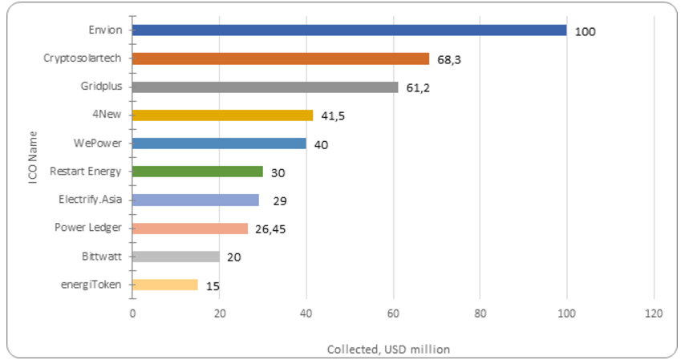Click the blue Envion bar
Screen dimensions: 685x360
click(x=350, y=30)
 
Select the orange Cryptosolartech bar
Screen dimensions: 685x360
click(x=281, y=59)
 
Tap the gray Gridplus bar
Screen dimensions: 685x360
click(x=265, y=87)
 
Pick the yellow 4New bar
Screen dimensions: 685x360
click(x=223, y=115)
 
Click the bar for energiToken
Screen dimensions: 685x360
click(x=165, y=285)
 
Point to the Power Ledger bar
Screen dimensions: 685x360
click(x=190, y=229)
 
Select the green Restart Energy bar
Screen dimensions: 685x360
click(x=197, y=172)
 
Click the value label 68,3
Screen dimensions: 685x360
click(x=449, y=60)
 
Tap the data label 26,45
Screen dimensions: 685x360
click(x=270, y=229)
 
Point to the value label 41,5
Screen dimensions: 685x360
click(x=333, y=116)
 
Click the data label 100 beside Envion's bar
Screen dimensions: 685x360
click(x=585, y=32)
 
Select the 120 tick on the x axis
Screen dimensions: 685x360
click(x=654, y=313)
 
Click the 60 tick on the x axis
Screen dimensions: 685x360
click(x=393, y=313)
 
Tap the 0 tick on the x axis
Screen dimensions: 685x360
click(x=132, y=313)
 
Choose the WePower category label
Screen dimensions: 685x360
click(x=97, y=144)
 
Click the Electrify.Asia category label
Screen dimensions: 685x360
click(x=90, y=200)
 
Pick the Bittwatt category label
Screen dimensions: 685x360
click(x=102, y=257)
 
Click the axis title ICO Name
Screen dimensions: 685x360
click(x=33, y=157)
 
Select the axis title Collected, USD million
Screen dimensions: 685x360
click(x=388, y=350)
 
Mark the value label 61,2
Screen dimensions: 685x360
click(x=418, y=88)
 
